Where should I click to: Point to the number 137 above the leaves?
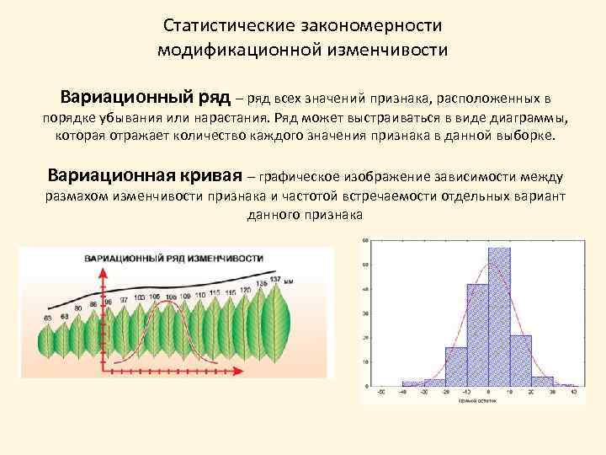[x=274, y=279]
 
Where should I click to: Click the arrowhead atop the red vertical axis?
[x=104, y=286]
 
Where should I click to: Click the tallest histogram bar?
[x=500, y=317]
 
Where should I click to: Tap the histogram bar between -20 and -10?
[x=456, y=367]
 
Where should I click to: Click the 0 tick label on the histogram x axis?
[x=488, y=393]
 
